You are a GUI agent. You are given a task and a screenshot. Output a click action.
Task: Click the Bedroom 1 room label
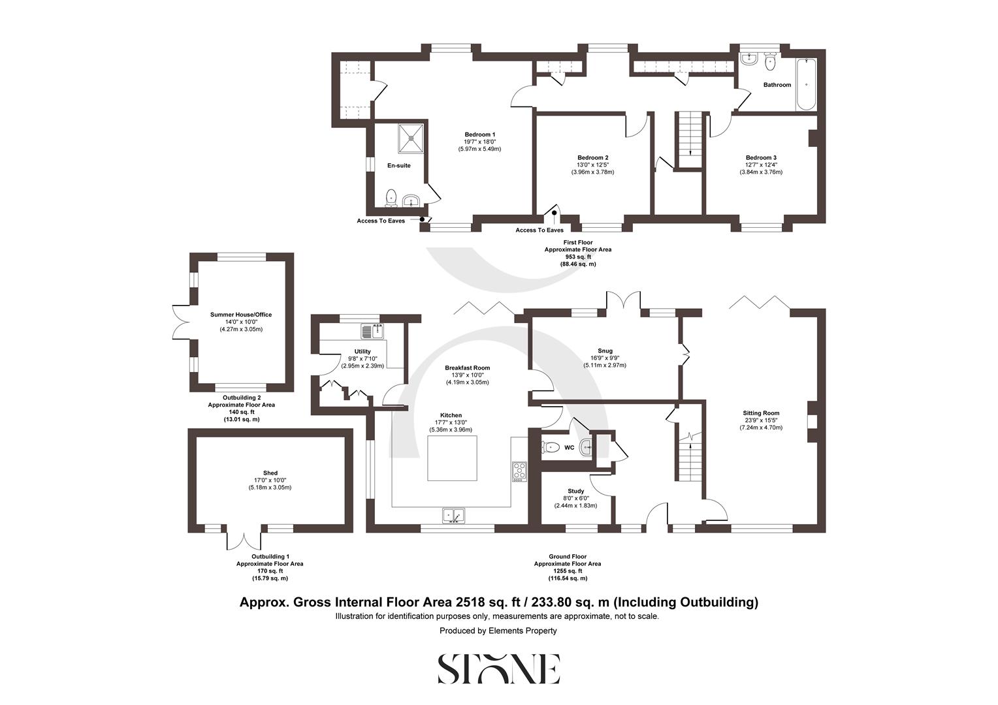coord(479,134)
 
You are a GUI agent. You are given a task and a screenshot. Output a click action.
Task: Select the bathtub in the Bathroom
coord(805,85)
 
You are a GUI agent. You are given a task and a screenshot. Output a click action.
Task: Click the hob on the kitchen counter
coord(519,471)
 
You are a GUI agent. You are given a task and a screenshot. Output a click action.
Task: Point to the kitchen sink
coord(454,516)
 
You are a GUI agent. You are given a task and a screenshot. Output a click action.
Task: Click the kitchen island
coord(452,458)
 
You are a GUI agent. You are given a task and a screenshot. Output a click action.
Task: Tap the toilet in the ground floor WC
coord(551,448)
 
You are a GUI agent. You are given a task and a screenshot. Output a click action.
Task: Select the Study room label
coord(575,491)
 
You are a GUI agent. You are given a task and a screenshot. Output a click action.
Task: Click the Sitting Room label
coord(761,413)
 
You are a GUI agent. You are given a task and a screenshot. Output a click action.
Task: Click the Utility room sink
coord(376,332)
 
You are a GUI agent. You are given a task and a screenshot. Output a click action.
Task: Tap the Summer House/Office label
coord(241,315)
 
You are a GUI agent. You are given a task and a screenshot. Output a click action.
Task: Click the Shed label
coord(270,473)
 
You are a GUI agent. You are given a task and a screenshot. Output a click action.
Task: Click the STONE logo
coord(498,668)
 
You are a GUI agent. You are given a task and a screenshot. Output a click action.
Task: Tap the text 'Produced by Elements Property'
coord(498,631)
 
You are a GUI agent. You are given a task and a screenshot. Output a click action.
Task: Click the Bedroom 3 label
coord(761,158)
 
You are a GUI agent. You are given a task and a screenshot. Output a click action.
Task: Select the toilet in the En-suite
coord(391,196)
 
